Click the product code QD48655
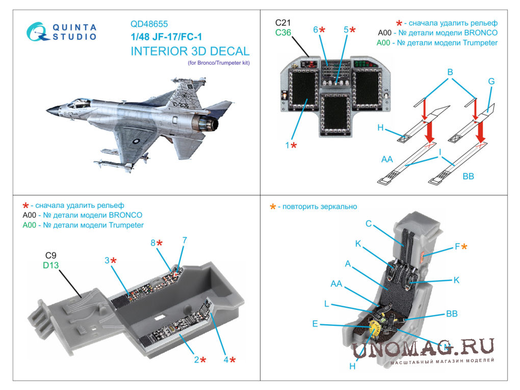149,24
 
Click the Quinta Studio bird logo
37,32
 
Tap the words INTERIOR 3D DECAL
190,51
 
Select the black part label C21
283,22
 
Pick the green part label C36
283,33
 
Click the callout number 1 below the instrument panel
287,145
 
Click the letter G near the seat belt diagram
491,81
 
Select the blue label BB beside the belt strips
469,176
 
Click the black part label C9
51,255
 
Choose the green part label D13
51,265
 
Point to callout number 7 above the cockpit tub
185,240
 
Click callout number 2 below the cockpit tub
197,359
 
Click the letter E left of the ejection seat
315,324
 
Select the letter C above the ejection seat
369,223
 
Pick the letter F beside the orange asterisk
457,246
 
